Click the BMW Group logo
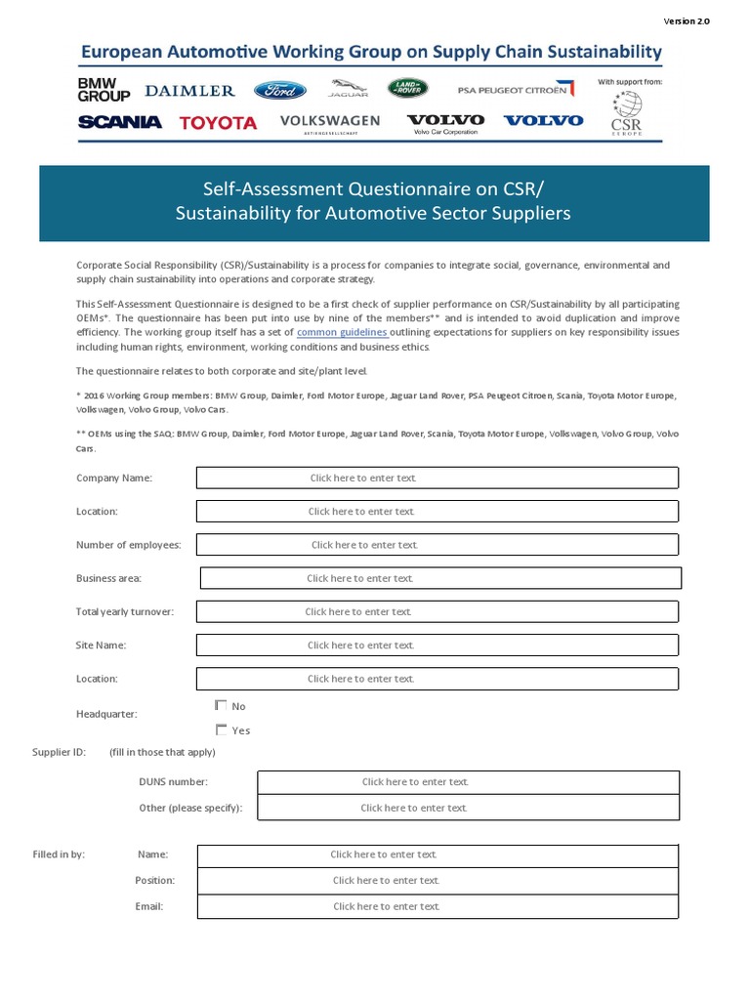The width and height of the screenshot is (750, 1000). [x=104, y=91]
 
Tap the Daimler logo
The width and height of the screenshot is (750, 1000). [x=190, y=91]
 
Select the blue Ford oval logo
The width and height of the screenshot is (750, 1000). [x=280, y=91]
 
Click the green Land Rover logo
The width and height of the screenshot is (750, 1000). [x=407, y=89]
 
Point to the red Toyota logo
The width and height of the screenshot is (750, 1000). [x=219, y=123]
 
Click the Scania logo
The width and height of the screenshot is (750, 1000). [x=119, y=122]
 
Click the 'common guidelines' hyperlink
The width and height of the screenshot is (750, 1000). [x=342, y=333]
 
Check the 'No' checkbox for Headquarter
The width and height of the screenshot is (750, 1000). [x=221, y=705]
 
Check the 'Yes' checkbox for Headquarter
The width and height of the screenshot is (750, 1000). [x=221, y=729]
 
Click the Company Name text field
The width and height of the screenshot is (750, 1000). [x=437, y=478]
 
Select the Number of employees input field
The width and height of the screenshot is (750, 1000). [x=437, y=545]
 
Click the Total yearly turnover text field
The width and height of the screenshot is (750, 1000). [x=437, y=612]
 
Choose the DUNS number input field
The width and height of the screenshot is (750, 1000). [x=468, y=782]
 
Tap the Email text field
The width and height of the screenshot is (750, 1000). [x=437, y=906]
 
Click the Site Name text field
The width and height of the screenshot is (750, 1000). [x=437, y=646]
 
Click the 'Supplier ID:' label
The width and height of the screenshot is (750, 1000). [x=59, y=752]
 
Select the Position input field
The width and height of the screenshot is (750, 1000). [x=437, y=881]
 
